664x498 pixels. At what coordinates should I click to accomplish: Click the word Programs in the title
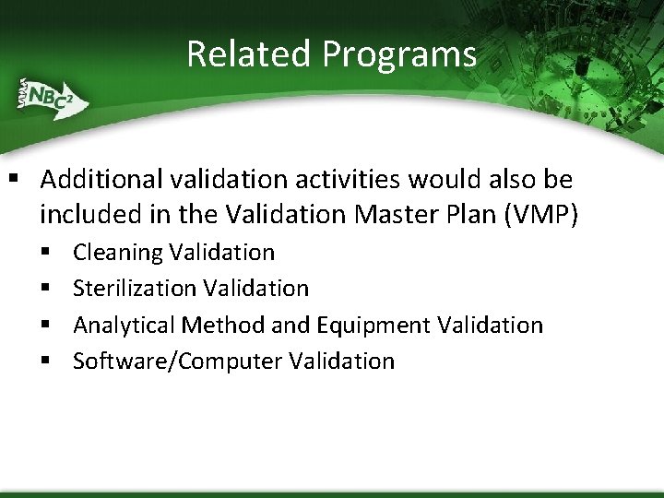[x=399, y=55]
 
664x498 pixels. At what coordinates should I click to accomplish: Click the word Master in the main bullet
[x=387, y=214]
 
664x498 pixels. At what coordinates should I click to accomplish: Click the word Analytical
[x=125, y=326]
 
